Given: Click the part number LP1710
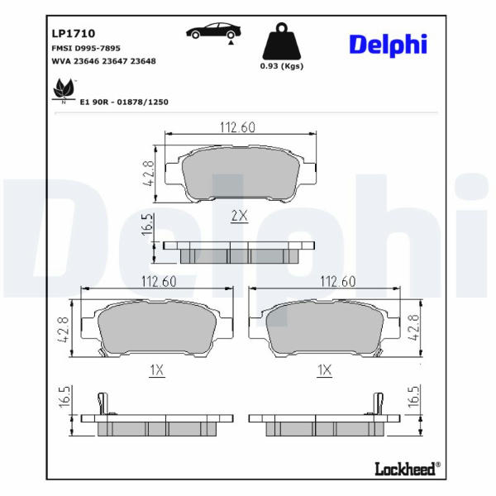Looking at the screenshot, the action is click(x=73, y=34).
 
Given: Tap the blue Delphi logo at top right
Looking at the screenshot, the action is click(x=389, y=45).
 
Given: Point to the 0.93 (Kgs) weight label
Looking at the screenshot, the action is click(x=282, y=66).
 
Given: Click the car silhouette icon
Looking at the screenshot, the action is click(x=214, y=31).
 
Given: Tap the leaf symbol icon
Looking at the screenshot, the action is click(x=64, y=89).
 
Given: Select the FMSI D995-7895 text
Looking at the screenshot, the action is click(x=86, y=49).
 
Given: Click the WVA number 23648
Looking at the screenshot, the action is click(x=143, y=61).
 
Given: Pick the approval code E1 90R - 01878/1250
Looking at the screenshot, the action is click(x=124, y=102).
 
